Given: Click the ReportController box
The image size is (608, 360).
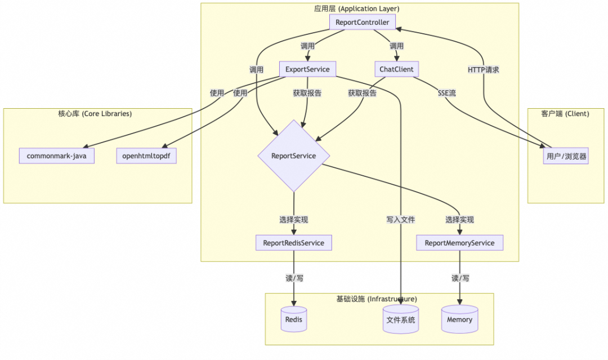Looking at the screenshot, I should tap(363, 23).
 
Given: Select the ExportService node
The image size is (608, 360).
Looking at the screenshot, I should tap(307, 69).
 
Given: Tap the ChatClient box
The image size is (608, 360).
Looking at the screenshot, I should tap(397, 69).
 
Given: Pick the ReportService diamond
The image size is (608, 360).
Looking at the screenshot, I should tap(293, 156).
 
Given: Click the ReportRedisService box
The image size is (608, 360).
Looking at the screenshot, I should tap(293, 243).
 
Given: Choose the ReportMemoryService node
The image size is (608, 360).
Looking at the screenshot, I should tap(459, 243).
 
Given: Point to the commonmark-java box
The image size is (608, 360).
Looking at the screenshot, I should tap(56, 156).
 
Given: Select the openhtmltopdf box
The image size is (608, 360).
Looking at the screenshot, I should tap(146, 156).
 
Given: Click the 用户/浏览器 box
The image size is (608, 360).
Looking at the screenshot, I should tap(566, 156).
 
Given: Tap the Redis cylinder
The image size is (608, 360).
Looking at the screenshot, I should tap(293, 319).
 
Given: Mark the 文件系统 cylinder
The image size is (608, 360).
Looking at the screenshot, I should tap(400, 319).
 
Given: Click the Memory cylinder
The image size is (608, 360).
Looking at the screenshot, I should tap(459, 319).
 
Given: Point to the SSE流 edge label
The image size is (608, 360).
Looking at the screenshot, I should tap(447, 93).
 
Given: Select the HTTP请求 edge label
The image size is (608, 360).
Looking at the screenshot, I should tap(484, 70).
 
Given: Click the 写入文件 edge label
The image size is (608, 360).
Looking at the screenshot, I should tap(400, 220).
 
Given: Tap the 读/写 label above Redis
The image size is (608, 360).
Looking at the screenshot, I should tap(293, 278).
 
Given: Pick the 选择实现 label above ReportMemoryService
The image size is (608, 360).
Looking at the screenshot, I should tap(459, 220).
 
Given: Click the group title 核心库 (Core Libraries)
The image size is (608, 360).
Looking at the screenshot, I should tap(95, 114).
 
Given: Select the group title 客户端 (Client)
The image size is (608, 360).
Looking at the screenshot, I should tap(565, 114).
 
